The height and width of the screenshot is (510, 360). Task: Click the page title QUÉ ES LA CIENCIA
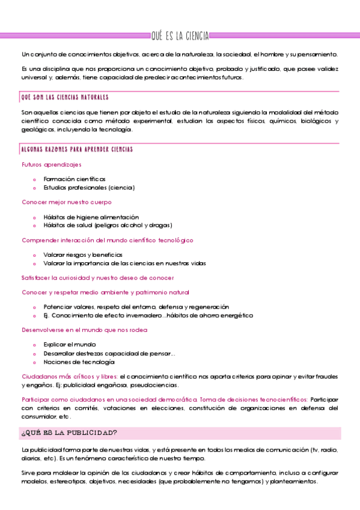coord(180,37)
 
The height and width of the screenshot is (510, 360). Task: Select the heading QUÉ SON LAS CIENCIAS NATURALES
coord(64,97)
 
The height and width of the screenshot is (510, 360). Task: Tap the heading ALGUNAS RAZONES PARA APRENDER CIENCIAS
coord(76,149)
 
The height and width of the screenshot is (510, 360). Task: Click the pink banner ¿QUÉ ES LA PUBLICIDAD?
coord(69,432)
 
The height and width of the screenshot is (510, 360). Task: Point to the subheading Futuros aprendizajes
coord(52,164)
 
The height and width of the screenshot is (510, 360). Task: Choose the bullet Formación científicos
coord(74,179)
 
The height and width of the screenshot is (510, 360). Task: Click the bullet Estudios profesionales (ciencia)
coord(89,187)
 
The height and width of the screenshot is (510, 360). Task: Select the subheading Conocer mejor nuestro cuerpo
coord(66,202)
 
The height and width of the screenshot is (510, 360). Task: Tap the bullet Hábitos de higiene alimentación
coord(91,217)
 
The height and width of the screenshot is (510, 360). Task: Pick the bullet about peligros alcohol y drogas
coord(108,225)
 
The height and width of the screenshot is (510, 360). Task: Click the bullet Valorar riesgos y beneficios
coord(83,254)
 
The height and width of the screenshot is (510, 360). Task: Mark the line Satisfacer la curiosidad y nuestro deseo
coord(98,278)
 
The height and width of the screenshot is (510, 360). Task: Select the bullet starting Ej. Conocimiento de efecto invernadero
coord(148,315)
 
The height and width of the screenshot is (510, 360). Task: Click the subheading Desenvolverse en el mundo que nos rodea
coord(85,330)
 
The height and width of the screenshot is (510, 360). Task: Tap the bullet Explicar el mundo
coord(70,345)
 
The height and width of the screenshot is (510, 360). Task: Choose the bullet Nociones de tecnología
coord(79,362)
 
